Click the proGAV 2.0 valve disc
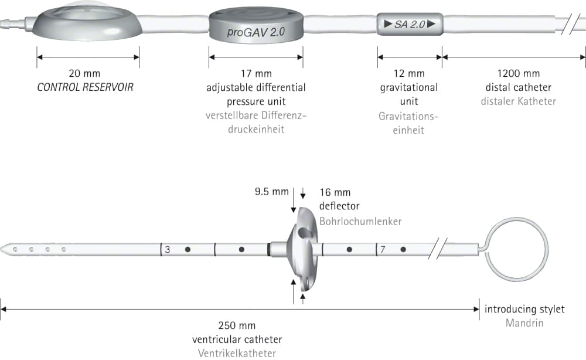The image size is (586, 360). tap(256, 25)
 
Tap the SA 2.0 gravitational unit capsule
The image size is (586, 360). tap(410, 24)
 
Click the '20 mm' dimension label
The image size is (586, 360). tap(84, 73)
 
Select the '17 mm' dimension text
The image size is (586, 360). tap(256, 73)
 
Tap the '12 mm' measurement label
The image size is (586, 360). tap(409, 73)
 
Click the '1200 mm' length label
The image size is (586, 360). tap(519, 73)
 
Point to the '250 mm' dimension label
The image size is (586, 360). tap(237, 325)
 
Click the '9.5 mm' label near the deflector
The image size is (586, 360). tap(272, 192)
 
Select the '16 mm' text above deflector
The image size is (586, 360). tap(335, 192)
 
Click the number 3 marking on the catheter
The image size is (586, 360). tap(168, 249)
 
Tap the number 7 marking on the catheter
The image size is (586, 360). tap(383, 249)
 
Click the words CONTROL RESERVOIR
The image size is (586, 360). tap(85, 87)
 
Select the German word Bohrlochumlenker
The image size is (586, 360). tap(360, 221)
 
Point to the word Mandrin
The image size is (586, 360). tap(524, 323)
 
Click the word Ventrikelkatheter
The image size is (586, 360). tap(237, 354)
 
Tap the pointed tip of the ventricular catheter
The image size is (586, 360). tap(1, 249)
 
